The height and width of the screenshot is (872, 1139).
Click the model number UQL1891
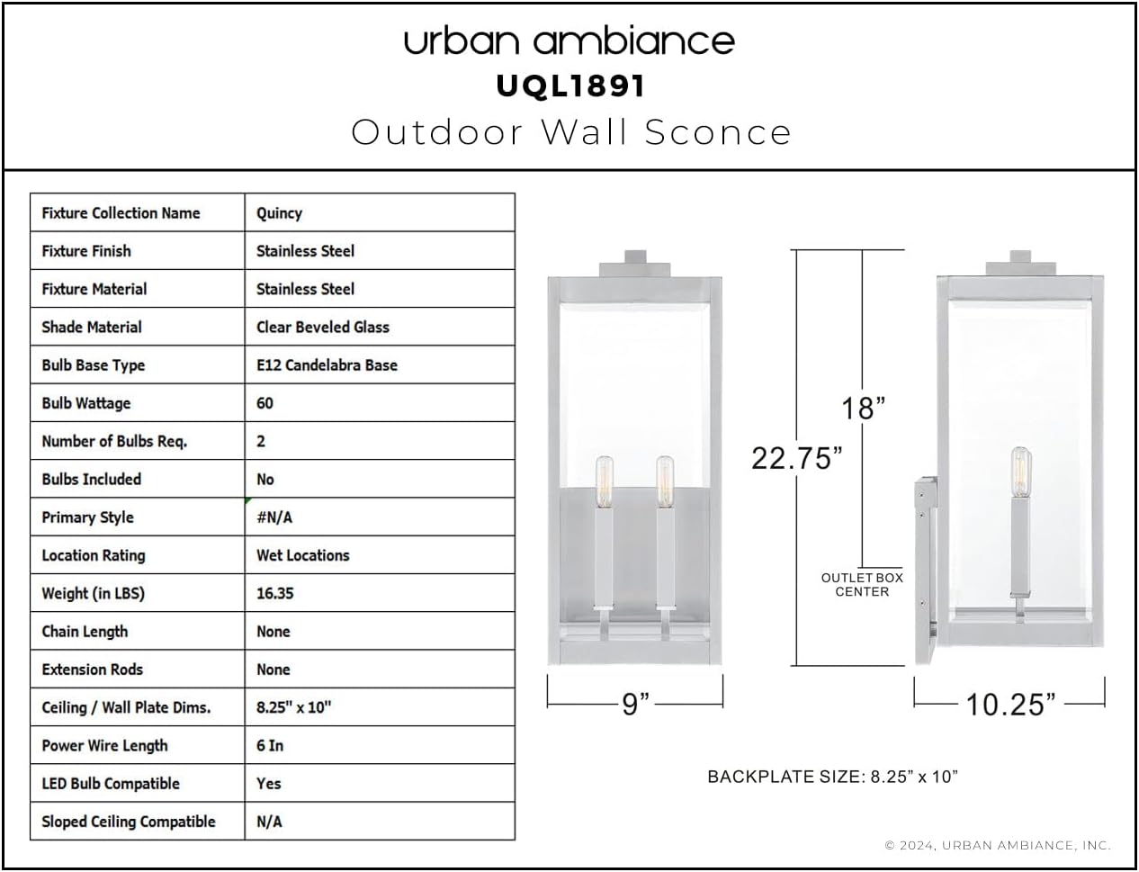[570, 86]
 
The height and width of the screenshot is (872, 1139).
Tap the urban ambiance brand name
[569, 40]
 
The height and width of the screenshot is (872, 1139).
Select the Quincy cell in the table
[279, 213]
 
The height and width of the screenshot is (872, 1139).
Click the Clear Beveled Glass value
[322, 327]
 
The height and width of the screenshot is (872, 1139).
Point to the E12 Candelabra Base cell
[327, 365]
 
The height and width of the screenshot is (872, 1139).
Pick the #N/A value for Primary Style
[274, 517]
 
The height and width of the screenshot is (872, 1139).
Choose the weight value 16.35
[274, 593]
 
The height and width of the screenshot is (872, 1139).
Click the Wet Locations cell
[302, 555]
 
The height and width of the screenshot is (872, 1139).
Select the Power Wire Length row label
[104, 745]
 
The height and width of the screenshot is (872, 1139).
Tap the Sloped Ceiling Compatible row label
[129, 822]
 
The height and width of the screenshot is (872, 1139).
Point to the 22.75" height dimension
[796, 458]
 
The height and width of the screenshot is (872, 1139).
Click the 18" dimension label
[863, 409]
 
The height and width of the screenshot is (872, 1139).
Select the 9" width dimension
[635, 704]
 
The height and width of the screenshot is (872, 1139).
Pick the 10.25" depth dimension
[1010, 704]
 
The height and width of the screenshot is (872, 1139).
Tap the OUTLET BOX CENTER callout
[862, 585]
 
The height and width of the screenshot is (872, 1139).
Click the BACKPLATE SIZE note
[832, 776]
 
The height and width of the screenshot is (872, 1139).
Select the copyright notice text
[998, 845]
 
